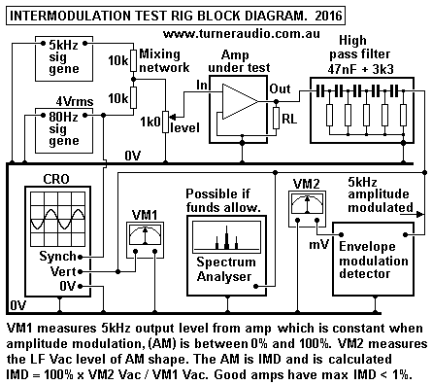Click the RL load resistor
point(278,119)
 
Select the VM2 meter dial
point(306,205)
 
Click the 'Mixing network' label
point(166,60)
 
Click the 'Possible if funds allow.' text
point(225,200)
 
